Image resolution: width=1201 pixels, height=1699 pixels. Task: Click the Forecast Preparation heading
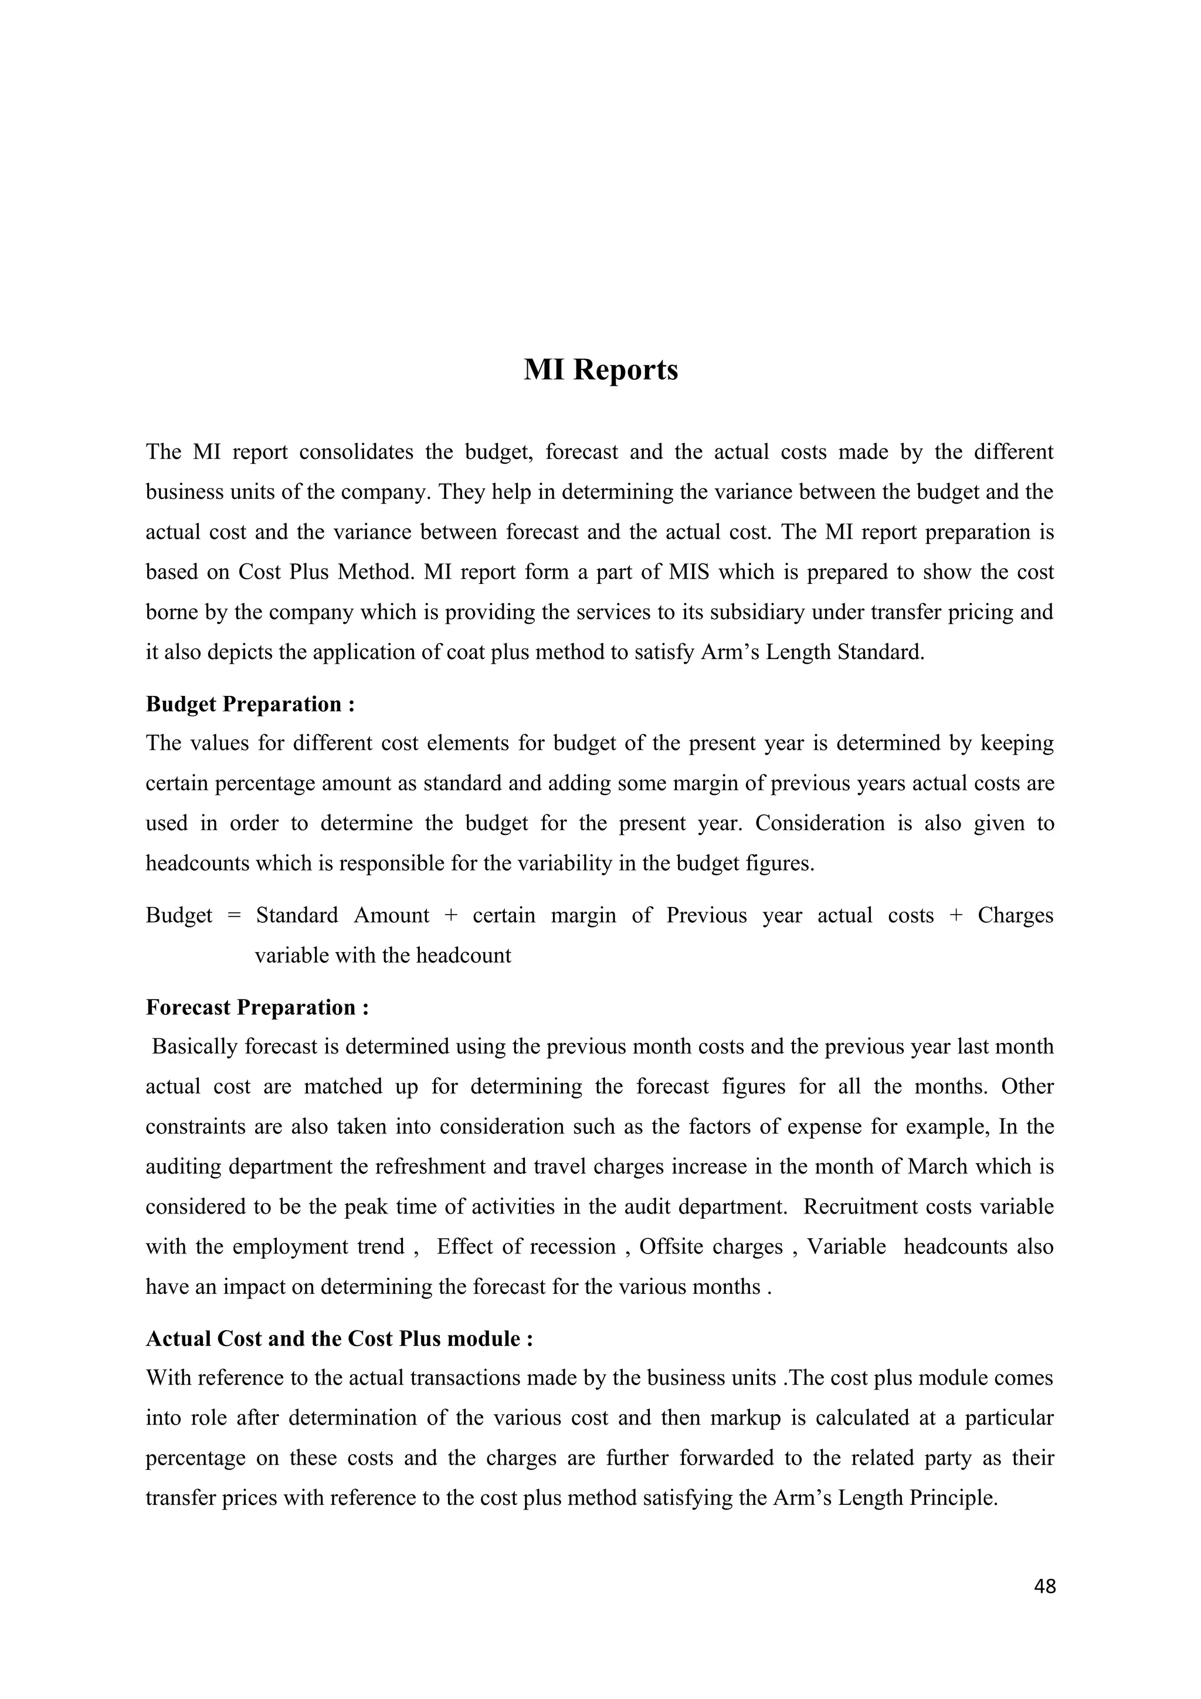coord(257,1007)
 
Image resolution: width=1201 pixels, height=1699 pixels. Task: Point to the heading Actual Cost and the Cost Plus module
coord(339,1338)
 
